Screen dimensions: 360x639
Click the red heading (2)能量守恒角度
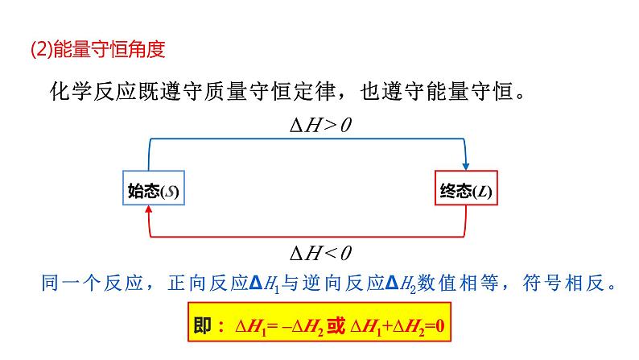pos(97,50)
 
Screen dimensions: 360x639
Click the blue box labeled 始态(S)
pos(153,191)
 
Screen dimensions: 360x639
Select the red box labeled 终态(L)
pos(466,191)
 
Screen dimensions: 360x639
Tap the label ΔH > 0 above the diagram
pos(321,125)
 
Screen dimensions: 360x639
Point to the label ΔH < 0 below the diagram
pos(321,253)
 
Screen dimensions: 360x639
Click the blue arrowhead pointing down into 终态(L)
pos(466,164)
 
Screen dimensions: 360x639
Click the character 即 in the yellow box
pos(203,326)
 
